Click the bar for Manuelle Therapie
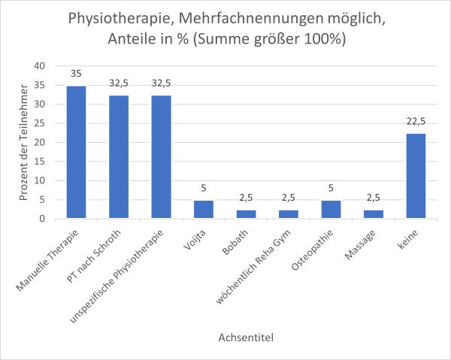(x=76, y=153)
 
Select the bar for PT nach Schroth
(x=119, y=157)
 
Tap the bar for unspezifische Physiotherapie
(x=161, y=157)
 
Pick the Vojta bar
(x=204, y=210)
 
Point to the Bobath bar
(x=246, y=214)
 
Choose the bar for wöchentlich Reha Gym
(x=289, y=214)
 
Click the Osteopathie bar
(x=331, y=210)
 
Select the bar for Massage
(x=374, y=214)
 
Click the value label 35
(x=76, y=74)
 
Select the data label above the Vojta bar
(x=204, y=189)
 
